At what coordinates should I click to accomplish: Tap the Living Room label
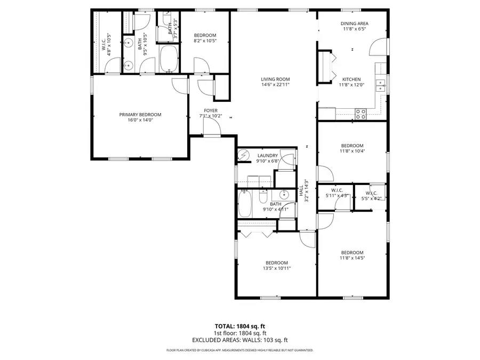pos(275,79)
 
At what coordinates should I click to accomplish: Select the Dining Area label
pos(355,23)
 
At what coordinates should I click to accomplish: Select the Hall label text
pos(301,190)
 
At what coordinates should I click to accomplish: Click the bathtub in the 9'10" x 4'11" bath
pos(245,205)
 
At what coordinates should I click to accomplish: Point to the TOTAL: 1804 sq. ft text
pos(239,326)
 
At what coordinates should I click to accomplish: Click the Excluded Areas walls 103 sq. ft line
pos(239,340)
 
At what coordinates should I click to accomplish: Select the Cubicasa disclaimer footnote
pos(239,350)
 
